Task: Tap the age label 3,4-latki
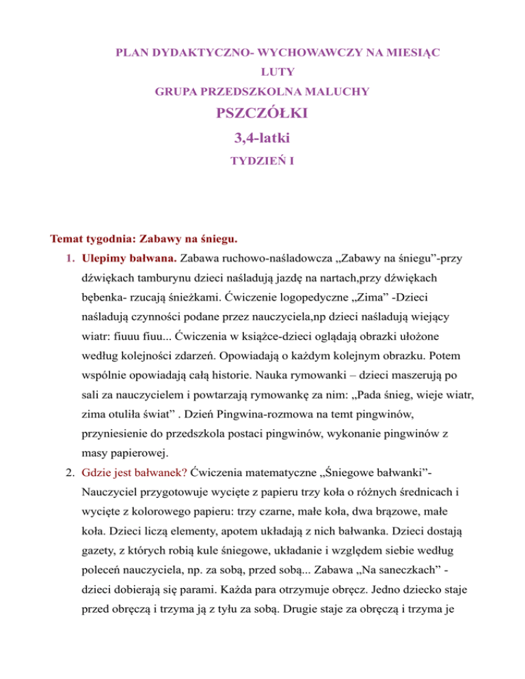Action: (x=262, y=140)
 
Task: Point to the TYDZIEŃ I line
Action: (x=262, y=165)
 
